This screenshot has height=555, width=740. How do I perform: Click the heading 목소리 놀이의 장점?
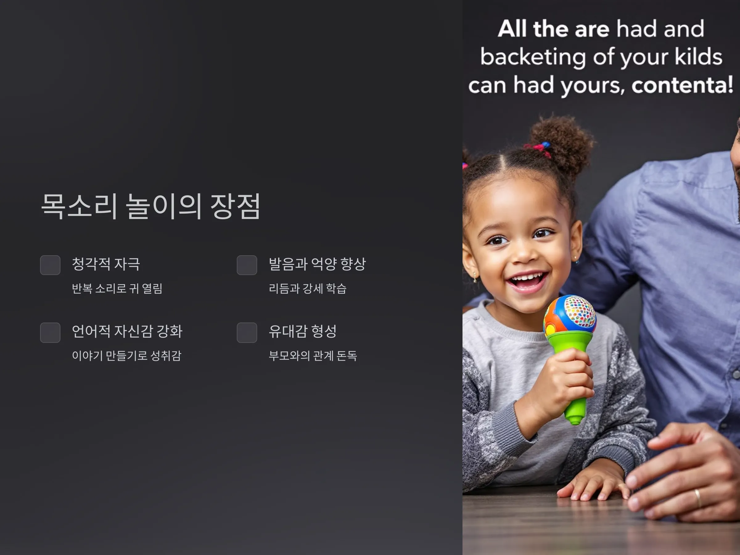click(x=150, y=206)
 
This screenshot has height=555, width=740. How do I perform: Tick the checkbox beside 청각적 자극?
click(x=50, y=265)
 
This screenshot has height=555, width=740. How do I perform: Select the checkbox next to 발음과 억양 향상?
click(x=247, y=265)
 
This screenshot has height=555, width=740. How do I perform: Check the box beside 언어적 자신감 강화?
click(x=50, y=332)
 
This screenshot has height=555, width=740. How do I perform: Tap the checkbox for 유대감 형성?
click(x=247, y=332)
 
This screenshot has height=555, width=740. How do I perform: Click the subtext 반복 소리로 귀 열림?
click(x=117, y=288)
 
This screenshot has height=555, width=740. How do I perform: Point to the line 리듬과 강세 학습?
click(x=307, y=288)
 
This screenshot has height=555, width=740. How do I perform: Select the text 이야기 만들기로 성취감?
click(x=126, y=356)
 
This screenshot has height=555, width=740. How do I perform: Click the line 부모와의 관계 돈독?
click(x=313, y=356)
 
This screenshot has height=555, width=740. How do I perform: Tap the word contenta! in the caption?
click(x=682, y=85)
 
